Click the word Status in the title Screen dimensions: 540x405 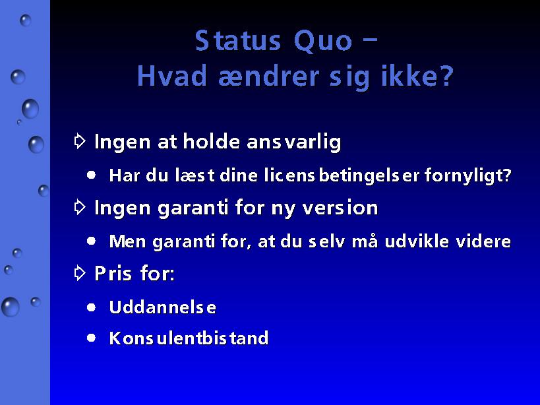coord(237,41)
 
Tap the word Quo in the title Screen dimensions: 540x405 coord(322,42)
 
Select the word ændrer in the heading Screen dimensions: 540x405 coord(268,76)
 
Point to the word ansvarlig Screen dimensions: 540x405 coord(294,142)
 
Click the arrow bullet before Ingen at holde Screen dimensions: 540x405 coord(80,141)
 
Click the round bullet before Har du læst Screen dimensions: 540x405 coord(91,175)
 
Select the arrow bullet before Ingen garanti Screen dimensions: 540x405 coord(80,207)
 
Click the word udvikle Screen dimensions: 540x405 coord(417,241)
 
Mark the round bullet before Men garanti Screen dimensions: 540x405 coord(91,241)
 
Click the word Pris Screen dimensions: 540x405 coord(113,274)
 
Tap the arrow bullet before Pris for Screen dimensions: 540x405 coord(80,273)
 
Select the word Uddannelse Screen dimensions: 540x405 coord(163,307)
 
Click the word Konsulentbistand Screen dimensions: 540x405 coord(189,338)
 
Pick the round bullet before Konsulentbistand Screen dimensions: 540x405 coord(91,338)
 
